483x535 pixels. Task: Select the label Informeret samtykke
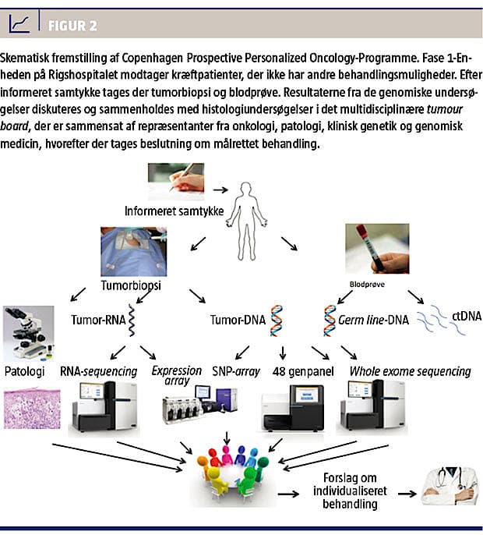[x=169, y=211]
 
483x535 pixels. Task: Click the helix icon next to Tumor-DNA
[x=274, y=320]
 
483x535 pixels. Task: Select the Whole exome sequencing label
[x=411, y=370]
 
